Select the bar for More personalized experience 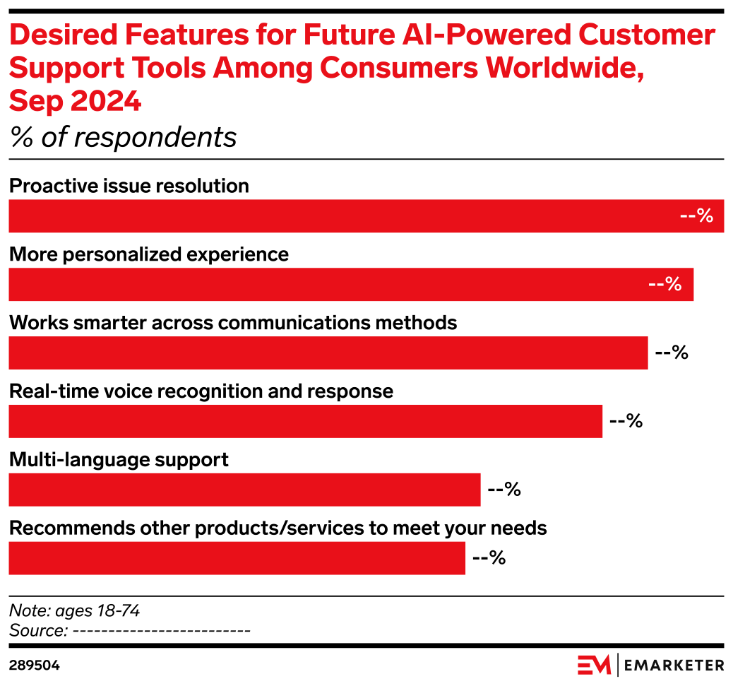351,285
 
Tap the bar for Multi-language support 244,490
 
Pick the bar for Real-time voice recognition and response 305,421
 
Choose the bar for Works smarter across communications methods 328,353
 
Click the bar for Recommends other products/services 237,558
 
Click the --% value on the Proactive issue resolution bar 697,216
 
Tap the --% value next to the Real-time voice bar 625,421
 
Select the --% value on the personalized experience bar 665,285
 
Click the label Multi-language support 119,460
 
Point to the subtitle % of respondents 123,137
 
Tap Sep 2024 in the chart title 75,102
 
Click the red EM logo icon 594,665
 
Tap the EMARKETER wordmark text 675,666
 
